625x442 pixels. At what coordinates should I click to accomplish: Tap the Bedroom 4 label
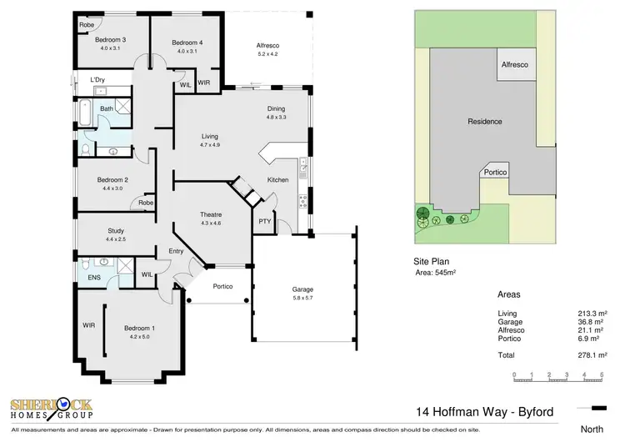(x=187, y=43)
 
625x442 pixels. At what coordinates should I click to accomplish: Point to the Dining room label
(x=276, y=109)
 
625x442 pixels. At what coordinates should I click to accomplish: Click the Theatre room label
(x=210, y=214)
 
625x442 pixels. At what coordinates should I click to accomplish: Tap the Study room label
(x=116, y=231)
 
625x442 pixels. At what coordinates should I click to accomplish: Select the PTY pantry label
(x=264, y=221)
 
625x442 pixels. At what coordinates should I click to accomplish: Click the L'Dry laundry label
(x=98, y=81)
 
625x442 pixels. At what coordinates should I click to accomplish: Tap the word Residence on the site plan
(x=484, y=122)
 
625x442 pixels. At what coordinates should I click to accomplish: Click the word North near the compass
(x=593, y=431)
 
